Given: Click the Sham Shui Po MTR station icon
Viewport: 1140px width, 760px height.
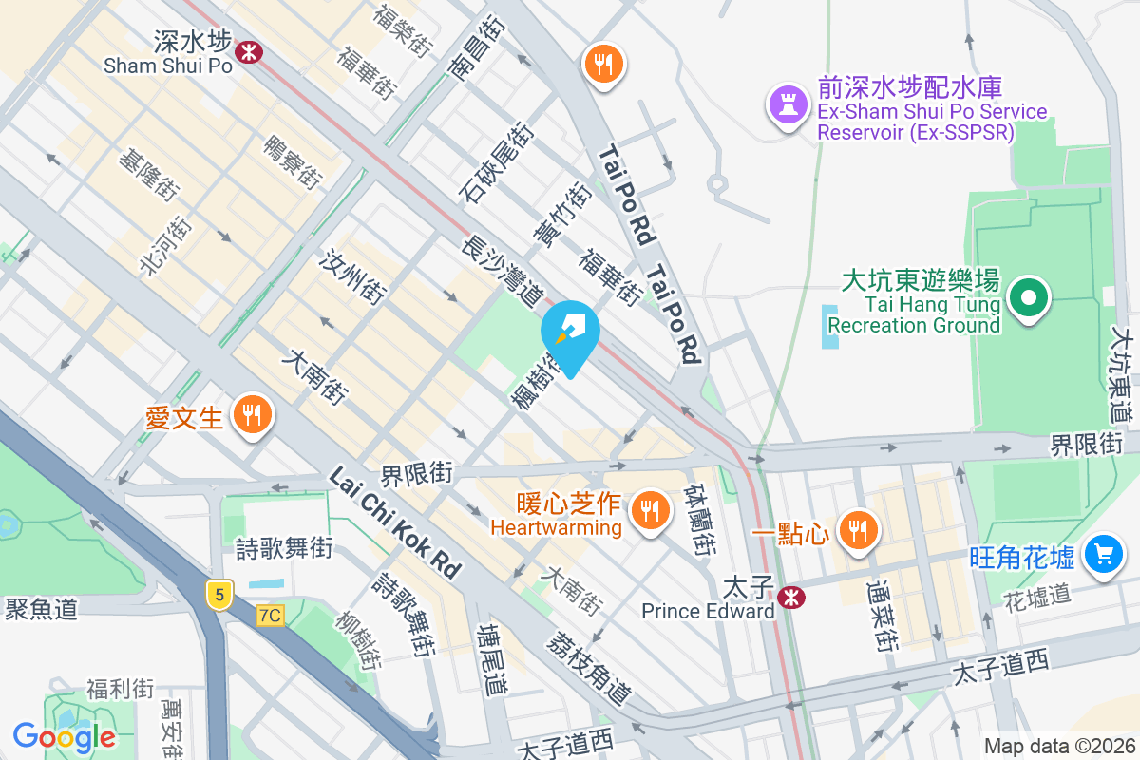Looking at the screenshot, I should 250,51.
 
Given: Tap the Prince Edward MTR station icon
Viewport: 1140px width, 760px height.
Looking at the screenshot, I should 788,597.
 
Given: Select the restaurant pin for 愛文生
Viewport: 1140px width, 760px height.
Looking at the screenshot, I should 251,415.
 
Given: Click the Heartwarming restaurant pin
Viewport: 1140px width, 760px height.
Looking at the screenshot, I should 650,510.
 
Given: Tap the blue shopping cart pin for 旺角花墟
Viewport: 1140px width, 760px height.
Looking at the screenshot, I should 1103,554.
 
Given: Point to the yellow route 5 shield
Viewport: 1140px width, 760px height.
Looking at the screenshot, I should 219,596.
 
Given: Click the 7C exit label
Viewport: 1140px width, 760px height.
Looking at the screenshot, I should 270,616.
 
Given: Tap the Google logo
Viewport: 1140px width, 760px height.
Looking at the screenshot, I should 65,736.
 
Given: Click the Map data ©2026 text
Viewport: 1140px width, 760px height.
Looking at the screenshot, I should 1058,746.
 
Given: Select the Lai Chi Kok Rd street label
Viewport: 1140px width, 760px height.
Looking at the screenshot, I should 395,522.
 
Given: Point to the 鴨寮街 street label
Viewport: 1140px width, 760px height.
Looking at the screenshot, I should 292,161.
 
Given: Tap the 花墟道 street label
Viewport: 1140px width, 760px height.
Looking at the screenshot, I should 1037,597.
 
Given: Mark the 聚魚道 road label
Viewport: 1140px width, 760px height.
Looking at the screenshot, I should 41,609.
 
